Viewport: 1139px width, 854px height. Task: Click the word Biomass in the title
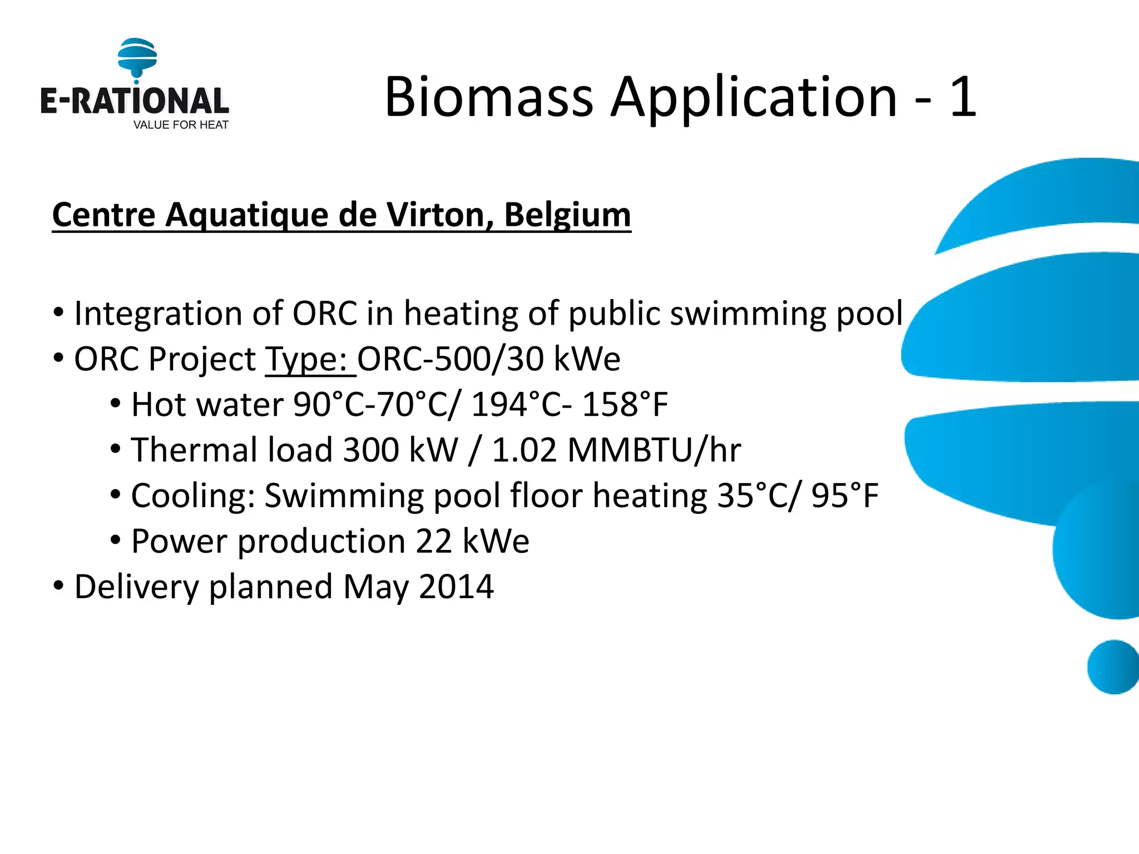[489, 97]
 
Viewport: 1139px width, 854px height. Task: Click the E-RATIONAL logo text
[135, 101]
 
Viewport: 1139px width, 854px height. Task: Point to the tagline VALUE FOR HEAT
[181, 125]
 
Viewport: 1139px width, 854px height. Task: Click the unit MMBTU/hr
[654, 450]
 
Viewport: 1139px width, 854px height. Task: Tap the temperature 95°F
[845, 496]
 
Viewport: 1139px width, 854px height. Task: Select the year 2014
[456, 587]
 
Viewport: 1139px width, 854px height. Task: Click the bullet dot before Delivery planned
[59, 586]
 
